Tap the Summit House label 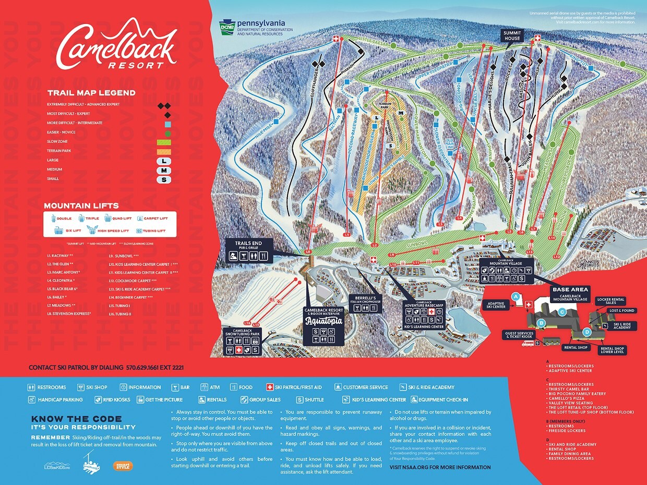tap(512, 35)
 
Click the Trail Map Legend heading tap(91, 93)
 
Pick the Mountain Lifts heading tap(81, 206)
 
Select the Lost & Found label tap(621, 311)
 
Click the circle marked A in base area tap(516, 296)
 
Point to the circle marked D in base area tap(586, 332)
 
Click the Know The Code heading tap(76, 419)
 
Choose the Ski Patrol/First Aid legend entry tap(296, 387)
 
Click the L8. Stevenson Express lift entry tap(69, 314)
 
